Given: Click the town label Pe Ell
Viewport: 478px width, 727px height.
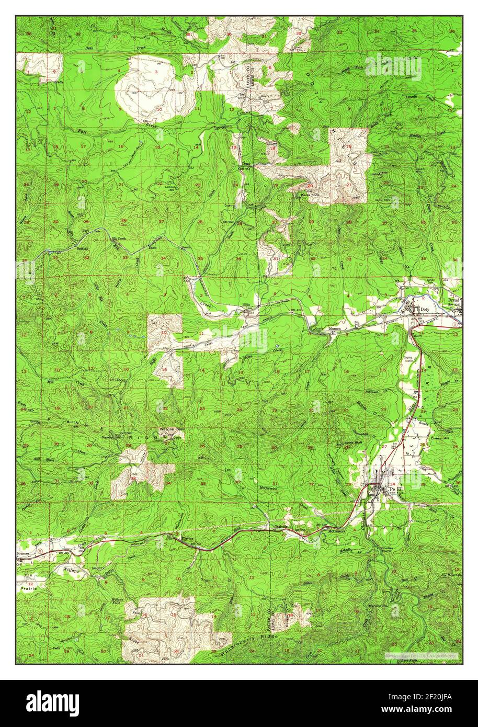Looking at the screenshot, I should (393, 490).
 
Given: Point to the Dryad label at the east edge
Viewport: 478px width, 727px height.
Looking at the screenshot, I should (453, 301).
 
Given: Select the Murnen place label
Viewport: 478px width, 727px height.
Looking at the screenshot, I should (334, 328).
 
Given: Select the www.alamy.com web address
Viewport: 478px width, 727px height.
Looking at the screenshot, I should (429, 709).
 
